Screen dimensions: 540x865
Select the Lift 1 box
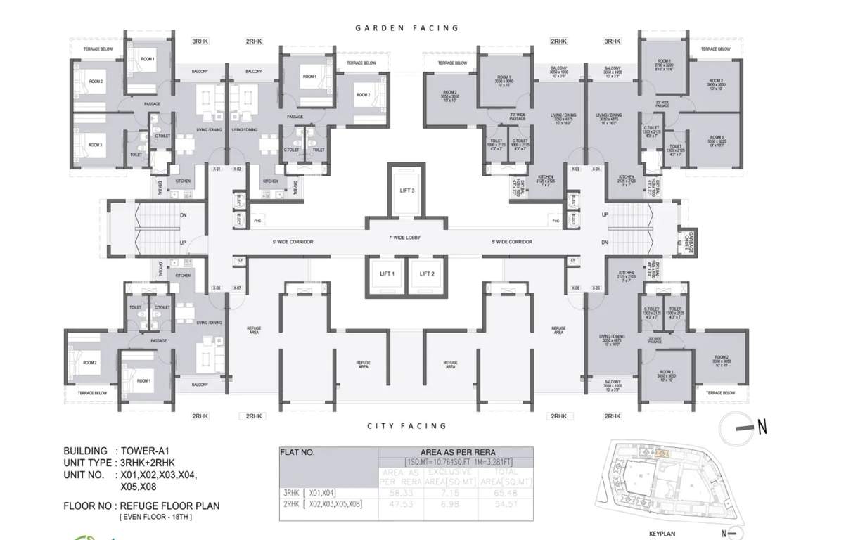[387, 274]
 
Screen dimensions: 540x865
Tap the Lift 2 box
[427, 274]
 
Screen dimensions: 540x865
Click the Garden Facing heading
[406, 28]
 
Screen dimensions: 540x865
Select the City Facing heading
[406, 426]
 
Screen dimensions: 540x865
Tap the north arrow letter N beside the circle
[762, 426]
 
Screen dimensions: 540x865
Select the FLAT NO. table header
[298, 453]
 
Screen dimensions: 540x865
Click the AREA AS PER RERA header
[456, 452]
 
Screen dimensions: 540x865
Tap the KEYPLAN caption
[661, 534]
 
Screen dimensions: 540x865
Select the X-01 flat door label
[217, 169]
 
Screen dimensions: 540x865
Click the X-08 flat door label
[217, 288]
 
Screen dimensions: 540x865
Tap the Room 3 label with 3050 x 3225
[716, 139]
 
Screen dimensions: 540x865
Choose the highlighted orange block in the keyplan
[661, 454]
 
